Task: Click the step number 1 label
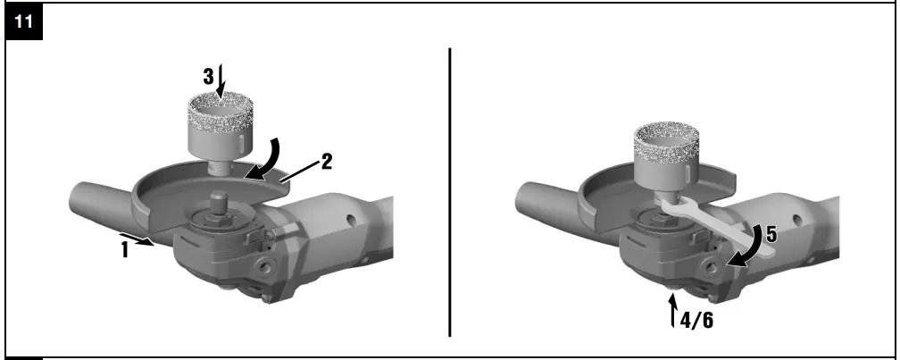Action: pyautogui.click(x=126, y=251)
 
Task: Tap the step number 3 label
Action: pyautogui.click(x=208, y=78)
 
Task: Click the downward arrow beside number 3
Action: pyautogui.click(x=221, y=79)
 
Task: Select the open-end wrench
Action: pyautogui.click(x=714, y=224)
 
